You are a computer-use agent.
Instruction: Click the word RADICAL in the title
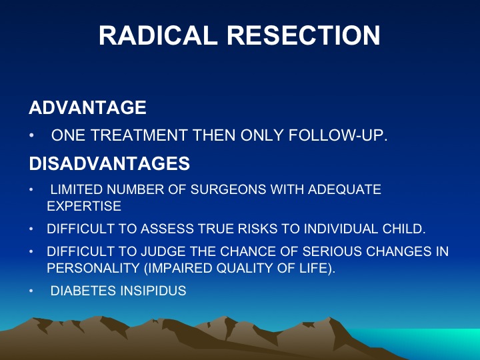[158, 35]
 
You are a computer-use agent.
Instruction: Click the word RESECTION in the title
[304, 35]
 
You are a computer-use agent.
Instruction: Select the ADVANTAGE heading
[87, 107]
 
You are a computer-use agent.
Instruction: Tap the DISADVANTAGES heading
[109, 163]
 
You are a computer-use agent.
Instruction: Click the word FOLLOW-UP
[338, 135]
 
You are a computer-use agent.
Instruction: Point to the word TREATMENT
[139, 135]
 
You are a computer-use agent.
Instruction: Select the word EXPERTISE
[84, 206]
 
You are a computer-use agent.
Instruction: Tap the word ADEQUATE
[345, 189]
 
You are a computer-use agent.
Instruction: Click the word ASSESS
[167, 229]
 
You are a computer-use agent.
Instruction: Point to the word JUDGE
[163, 251]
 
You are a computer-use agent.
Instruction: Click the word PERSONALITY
[93, 268]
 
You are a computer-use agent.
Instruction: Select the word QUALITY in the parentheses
[245, 268]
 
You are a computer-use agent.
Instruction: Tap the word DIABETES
[83, 291]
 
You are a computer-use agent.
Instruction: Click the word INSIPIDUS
[153, 291]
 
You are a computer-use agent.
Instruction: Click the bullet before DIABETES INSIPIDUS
[31, 291]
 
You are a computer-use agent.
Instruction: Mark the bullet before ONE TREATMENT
[31, 135]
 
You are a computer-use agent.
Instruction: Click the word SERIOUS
[332, 251]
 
